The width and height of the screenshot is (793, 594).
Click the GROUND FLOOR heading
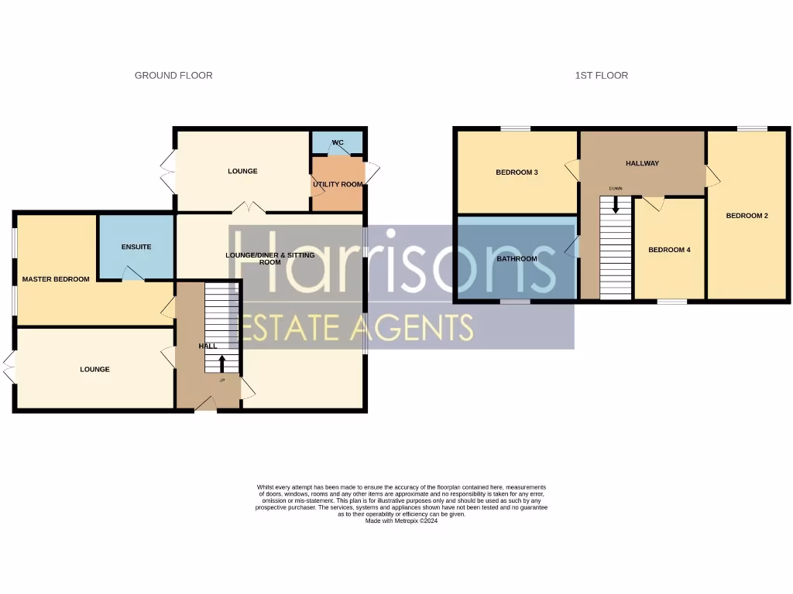coord(173,75)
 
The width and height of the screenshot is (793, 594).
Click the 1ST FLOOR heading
coord(601,75)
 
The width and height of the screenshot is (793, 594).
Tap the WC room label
coord(338,142)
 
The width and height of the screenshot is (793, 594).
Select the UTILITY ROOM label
coord(338,184)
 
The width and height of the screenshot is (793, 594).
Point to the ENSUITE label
coord(136,247)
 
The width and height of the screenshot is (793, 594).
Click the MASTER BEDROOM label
coord(56,279)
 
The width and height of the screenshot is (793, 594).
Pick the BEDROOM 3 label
coord(517,172)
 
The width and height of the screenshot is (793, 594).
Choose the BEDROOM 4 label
coord(669,250)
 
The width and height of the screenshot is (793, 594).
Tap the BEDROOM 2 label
coord(747,216)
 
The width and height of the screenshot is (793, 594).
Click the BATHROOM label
coord(517,258)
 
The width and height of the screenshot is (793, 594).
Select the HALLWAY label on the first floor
coord(642,163)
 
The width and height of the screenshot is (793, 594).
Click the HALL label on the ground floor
coord(208,346)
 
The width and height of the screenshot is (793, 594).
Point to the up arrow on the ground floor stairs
coord(222,362)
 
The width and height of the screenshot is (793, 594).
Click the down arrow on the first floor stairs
coord(616,205)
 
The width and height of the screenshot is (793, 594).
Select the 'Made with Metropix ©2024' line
coord(401,521)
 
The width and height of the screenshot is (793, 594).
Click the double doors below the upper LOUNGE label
coord(249,207)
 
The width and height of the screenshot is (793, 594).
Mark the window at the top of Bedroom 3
coord(515,128)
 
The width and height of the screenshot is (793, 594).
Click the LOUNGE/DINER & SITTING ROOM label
coord(269,258)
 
